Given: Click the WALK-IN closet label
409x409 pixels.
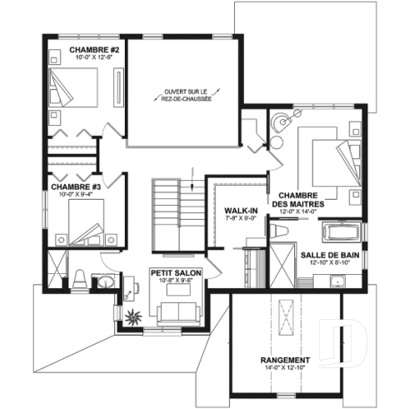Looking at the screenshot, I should click(240, 211).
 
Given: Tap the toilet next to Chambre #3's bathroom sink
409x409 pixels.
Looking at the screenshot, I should click(78, 279).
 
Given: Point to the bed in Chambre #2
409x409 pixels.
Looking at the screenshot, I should click(76, 87).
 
